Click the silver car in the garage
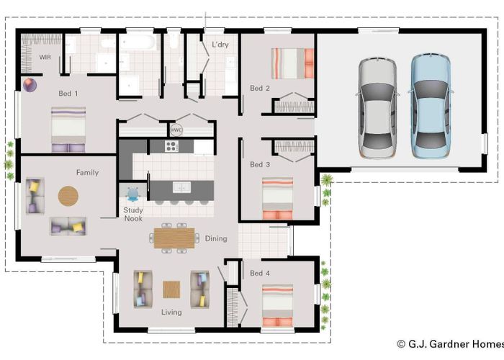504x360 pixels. (x=377, y=108)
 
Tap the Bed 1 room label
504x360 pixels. (x=68, y=94)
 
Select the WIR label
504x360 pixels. (x=45, y=56)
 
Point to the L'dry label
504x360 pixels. (x=220, y=45)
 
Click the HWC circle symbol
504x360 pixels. (x=176, y=130)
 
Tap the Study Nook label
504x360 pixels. (x=132, y=215)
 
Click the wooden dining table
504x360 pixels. (x=174, y=237)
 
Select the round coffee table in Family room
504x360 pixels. (x=69, y=195)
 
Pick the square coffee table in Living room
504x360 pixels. (x=171, y=289)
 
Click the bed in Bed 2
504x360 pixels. (x=292, y=63)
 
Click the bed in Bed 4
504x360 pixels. (x=277, y=306)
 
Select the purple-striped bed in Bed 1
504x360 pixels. (x=68, y=130)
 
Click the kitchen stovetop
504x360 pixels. (x=172, y=146)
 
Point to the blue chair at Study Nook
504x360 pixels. (x=133, y=194)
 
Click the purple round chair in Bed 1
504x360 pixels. (x=30, y=86)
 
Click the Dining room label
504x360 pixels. (x=215, y=239)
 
